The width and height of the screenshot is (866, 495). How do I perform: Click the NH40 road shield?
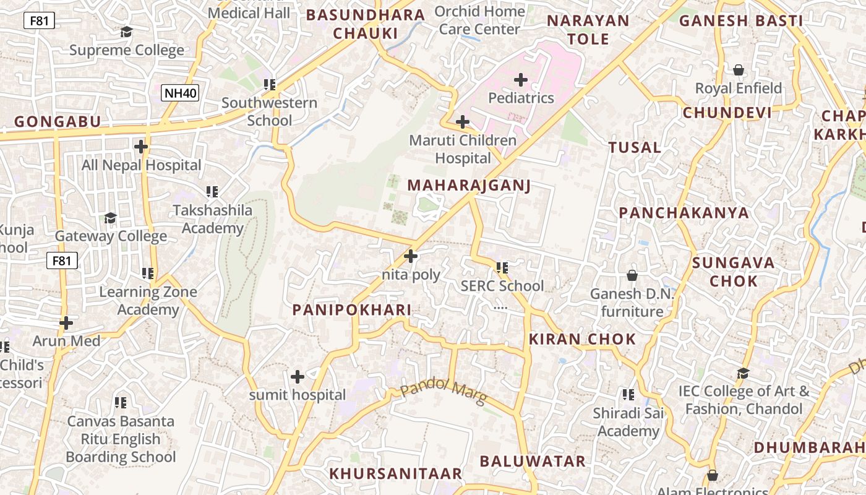[x=181, y=93]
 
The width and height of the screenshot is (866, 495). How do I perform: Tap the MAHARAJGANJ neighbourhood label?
[x=469, y=186]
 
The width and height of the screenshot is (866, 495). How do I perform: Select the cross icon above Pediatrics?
[x=521, y=79]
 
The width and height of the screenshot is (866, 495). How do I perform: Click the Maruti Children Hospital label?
[x=463, y=149]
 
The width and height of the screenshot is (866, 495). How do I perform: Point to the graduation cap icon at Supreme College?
[x=126, y=32]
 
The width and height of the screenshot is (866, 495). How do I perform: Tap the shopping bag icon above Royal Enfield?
[x=738, y=70]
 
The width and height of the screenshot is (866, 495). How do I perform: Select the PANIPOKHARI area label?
[x=351, y=310]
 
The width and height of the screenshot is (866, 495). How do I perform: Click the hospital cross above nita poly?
[x=410, y=256]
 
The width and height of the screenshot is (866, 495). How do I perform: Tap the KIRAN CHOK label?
[x=582, y=339]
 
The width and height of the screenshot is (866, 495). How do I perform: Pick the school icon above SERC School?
[x=502, y=268]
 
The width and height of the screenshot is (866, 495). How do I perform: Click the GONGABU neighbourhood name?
[x=57, y=121]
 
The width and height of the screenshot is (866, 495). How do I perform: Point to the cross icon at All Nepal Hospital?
[x=141, y=147]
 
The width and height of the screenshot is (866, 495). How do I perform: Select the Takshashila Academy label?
[x=213, y=219]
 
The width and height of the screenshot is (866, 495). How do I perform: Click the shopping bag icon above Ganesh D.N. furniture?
[x=632, y=275]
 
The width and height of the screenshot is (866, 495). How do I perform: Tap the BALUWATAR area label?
[x=532, y=461]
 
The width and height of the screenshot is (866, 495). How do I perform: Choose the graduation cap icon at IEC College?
[x=743, y=373]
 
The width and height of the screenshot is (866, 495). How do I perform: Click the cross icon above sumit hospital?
[x=298, y=376]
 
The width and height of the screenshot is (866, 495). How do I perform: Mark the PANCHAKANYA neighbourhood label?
[x=684, y=213]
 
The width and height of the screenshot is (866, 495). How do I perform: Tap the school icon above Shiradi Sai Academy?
[x=628, y=394]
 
